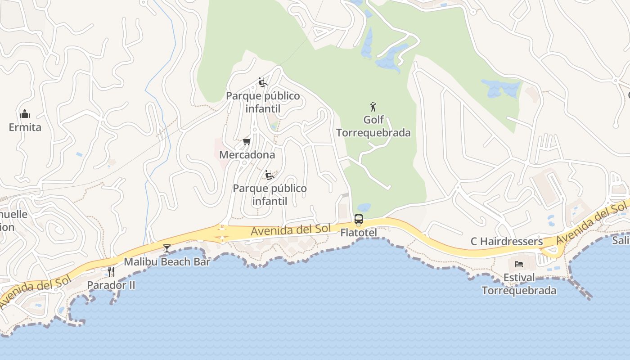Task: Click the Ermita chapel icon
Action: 25,114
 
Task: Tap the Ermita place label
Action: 25,127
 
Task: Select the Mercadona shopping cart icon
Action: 247,142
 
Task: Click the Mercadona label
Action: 247,155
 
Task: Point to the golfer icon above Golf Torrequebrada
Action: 373,107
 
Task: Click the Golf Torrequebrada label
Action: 373,126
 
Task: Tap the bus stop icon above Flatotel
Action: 359,219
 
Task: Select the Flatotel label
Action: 359,233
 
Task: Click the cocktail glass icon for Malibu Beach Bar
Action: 167,248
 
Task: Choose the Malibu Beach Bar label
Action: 167,261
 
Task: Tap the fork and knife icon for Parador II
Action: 111,271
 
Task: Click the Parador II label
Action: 111,285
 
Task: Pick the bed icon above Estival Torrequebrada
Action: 519,264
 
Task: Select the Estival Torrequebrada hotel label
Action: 519,284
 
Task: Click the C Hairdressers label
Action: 507,242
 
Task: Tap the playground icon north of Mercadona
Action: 263,82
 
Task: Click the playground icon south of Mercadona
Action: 270,175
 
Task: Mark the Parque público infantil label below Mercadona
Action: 270,194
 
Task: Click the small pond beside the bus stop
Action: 364,208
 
